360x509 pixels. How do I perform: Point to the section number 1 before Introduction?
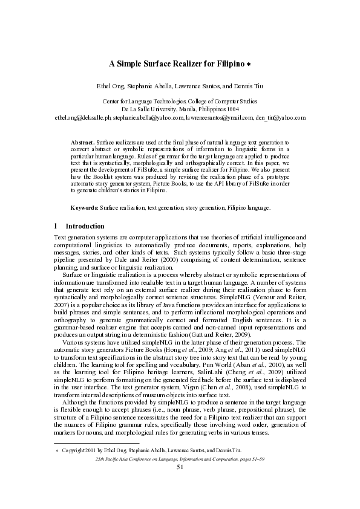point(56,226)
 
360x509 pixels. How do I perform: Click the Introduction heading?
point(85,226)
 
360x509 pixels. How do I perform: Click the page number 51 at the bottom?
point(180,467)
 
